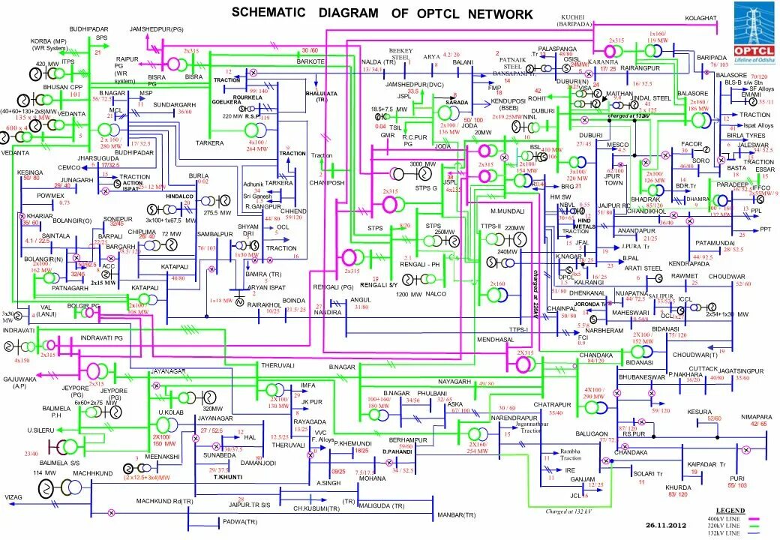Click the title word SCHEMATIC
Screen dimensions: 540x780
pyautogui.click(x=268, y=13)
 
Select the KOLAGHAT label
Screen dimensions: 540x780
pyautogui.click(x=702, y=17)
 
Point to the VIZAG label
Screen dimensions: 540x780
pyautogui.click(x=14, y=497)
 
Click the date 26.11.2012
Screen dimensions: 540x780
pyautogui.click(x=666, y=525)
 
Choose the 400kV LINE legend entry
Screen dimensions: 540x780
pyautogui.click(x=720, y=519)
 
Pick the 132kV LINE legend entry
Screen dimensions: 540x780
pyautogui.click(x=720, y=532)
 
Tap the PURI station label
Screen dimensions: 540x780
pyautogui.click(x=737, y=478)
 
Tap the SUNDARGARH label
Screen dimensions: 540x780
pyautogui.click(x=174, y=105)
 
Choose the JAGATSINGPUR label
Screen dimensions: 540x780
pyautogui.click(x=740, y=371)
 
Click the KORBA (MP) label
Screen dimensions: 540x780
pyautogui.click(x=48, y=40)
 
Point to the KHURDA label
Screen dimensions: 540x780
pyautogui.click(x=678, y=487)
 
